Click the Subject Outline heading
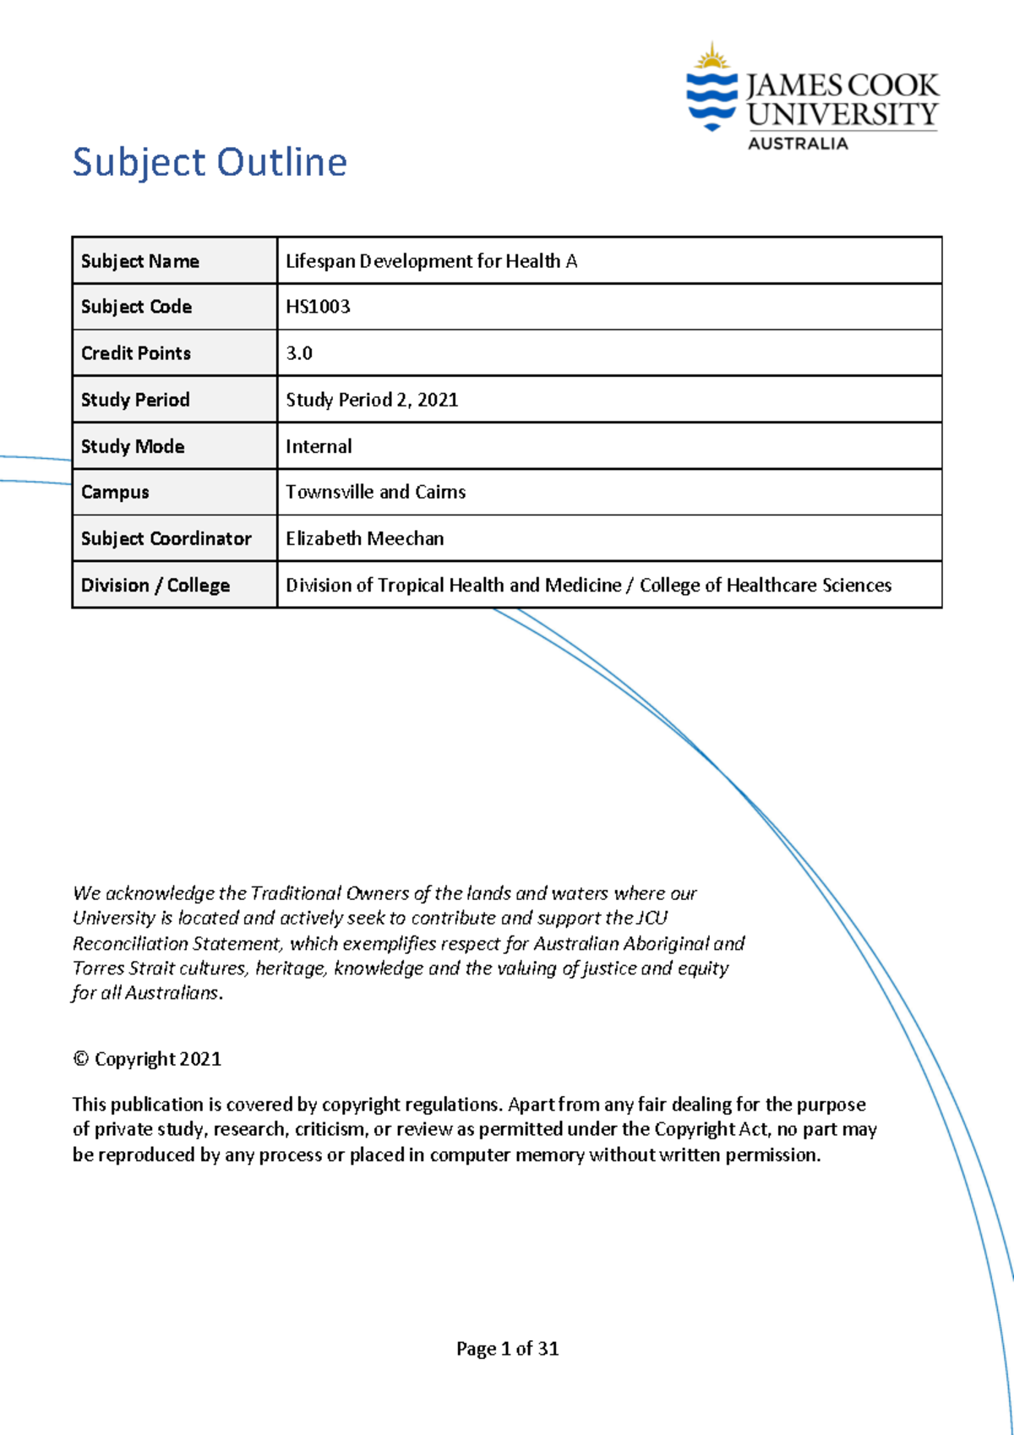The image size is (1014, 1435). (210, 162)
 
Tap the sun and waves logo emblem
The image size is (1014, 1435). (711, 89)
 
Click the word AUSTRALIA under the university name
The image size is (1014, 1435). (797, 144)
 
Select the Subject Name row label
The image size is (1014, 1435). (140, 261)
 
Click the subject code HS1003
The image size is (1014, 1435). (318, 307)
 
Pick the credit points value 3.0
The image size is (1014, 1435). (299, 353)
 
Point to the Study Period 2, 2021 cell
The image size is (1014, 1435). (372, 400)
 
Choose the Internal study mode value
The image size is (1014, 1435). (319, 446)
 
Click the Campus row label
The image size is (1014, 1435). (115, 493)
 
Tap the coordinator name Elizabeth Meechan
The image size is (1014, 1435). (364, 539)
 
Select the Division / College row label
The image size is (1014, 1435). (155, 586)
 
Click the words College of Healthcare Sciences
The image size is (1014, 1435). (765, 586)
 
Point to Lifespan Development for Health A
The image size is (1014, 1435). (431, 261)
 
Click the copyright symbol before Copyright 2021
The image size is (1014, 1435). (80, 1060)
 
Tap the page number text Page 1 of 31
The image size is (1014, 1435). (507, 1349)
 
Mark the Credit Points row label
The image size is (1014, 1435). (136, 353)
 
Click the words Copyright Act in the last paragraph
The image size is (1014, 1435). (711, 1130)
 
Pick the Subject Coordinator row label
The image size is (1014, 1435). (166, 539)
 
